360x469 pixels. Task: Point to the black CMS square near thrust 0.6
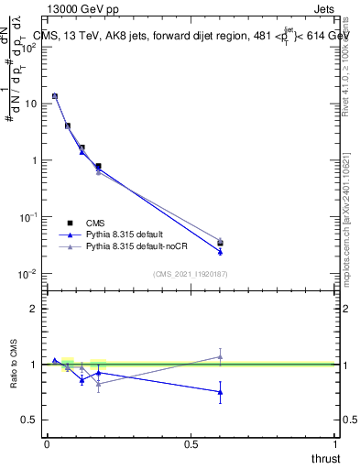(220, 244)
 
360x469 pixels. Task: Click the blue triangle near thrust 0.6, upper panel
(220, 252)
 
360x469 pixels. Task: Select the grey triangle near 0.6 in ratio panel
(220, 356)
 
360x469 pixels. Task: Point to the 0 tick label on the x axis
(46, 444)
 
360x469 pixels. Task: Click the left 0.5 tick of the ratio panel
(35, 420)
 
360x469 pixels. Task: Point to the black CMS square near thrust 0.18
(98, 167)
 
